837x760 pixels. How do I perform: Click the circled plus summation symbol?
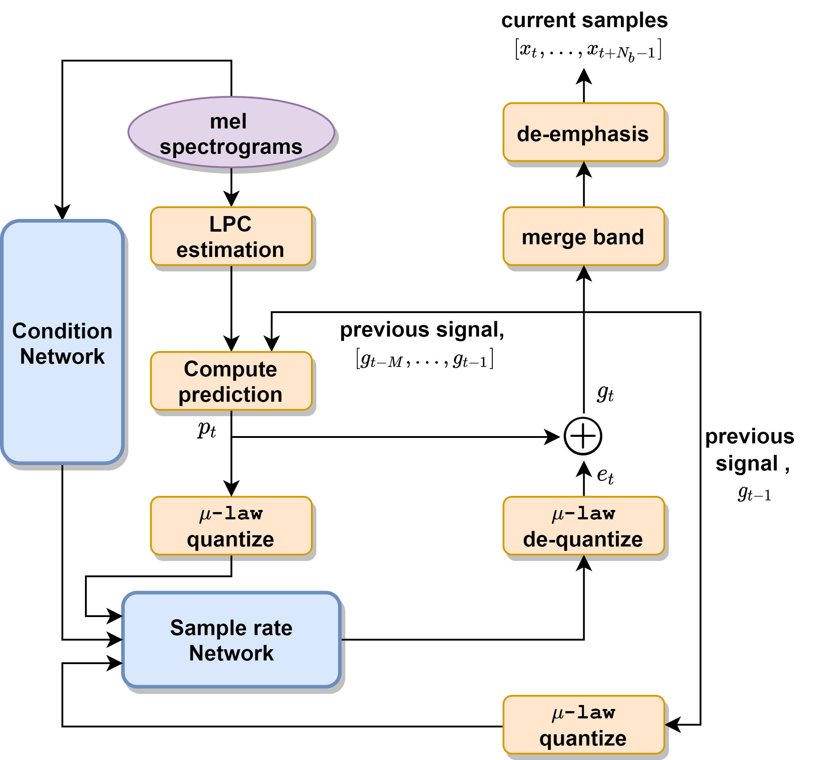tap(582, 436)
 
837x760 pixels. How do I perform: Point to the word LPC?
tap(230, 224)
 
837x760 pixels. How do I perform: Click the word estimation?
tap(230, 250)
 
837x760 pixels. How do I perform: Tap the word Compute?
tap(230, 369)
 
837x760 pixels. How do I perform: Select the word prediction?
tap(230, 394)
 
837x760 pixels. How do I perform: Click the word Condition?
tap(62, 331)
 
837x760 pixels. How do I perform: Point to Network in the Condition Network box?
tap(62, 356)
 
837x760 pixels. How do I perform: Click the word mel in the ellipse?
tap(229, 121)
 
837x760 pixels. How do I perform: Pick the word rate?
tap(274, 628)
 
